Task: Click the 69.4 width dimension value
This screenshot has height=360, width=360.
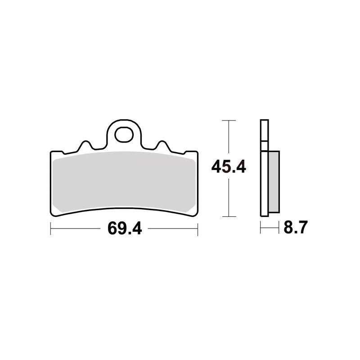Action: click(125, 229)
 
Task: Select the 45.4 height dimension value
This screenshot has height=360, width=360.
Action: click(229, 166)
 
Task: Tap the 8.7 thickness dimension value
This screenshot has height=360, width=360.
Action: click(296, 227)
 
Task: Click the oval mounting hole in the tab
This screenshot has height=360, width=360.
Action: click(124, 135)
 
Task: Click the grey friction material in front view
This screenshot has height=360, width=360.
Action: click(124, 181)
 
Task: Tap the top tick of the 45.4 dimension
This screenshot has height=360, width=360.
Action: click(229, 120)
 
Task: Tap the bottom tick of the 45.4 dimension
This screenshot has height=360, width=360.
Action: click(229, 216)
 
